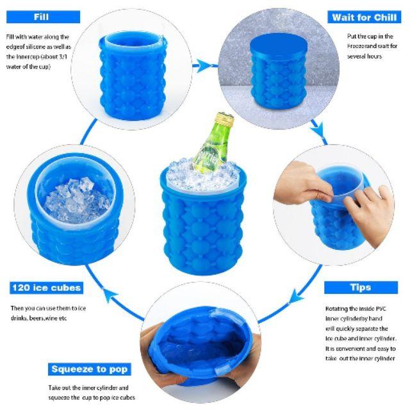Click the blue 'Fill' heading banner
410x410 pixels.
point(43,17)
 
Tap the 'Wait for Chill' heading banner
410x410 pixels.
point(364,17)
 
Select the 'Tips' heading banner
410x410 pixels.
point(361,288)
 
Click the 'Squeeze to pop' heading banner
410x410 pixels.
point(90,369)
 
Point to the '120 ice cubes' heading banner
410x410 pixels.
point(46,288)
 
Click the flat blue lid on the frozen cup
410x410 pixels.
point(279,45)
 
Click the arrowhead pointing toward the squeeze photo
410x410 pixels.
point(295,297)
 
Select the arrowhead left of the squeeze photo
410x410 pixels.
point(110,295)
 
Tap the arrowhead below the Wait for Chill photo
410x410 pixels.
point(319,130)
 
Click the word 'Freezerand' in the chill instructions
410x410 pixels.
point(359,46)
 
